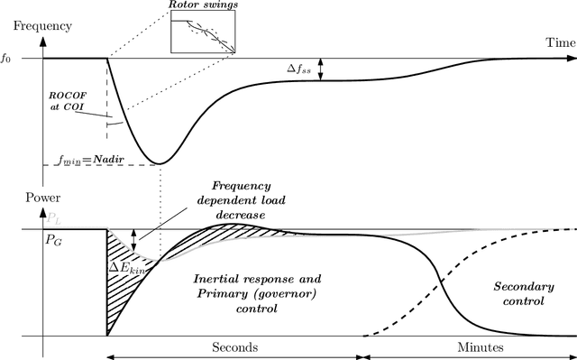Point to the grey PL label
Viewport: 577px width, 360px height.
[55, 219]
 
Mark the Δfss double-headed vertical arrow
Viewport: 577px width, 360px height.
[321, 69]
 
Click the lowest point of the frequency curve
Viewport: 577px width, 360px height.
[160, 163]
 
